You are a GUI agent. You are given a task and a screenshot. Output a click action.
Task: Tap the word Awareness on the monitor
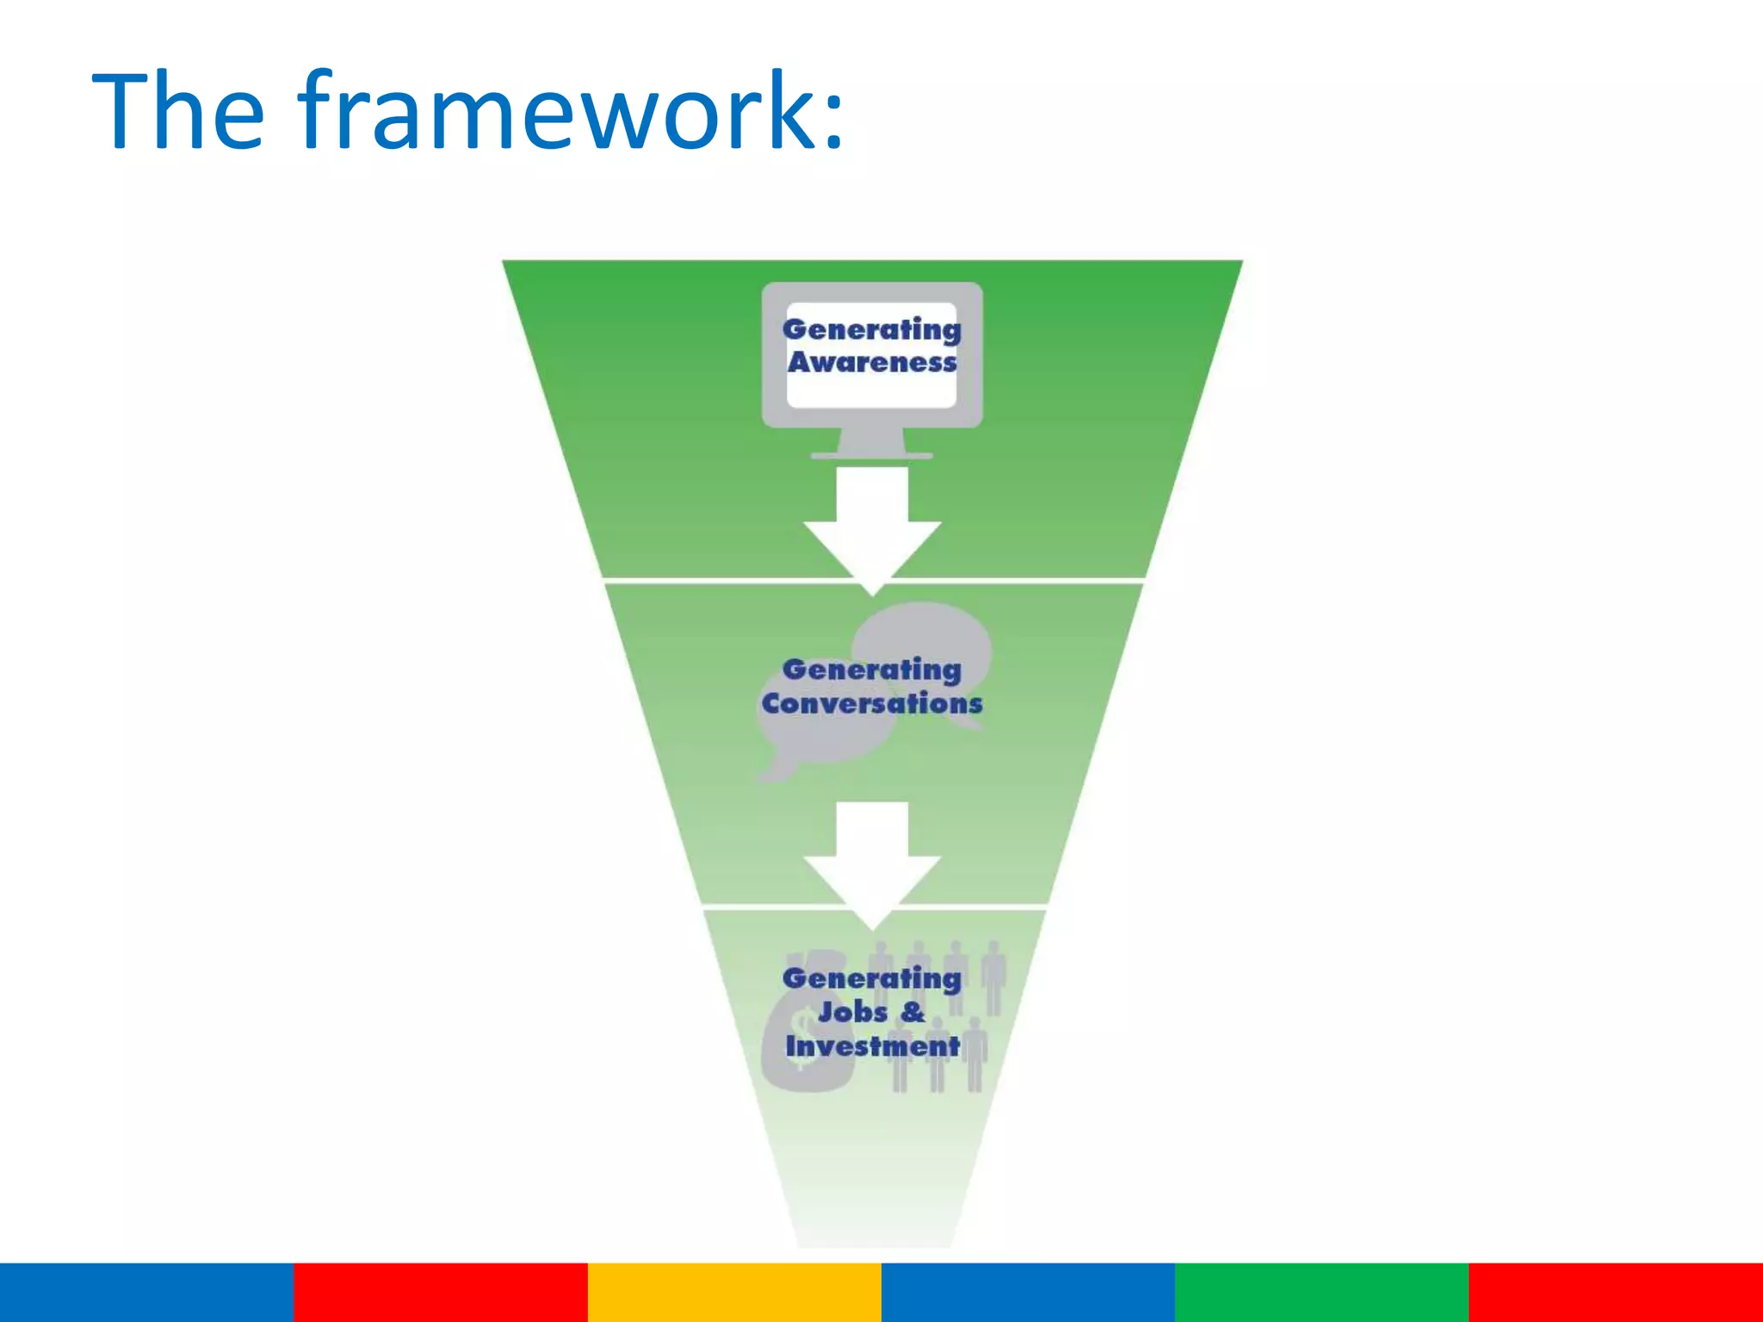(872, 362)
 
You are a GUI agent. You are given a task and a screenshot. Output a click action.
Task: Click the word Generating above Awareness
(872, 330)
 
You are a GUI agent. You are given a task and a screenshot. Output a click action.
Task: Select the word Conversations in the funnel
(872, 703)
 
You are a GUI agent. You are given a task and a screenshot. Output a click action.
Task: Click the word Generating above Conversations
(872, 670)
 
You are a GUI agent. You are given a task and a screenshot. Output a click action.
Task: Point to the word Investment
(872, 1046)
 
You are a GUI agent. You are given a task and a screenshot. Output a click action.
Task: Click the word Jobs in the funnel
(852, 1011)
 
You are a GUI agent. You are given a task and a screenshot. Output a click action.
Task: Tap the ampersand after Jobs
(912, 1011)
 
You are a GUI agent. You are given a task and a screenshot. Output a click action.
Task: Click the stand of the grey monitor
(872, 442)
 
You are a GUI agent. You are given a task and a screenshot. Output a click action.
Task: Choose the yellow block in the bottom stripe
(734, 1292)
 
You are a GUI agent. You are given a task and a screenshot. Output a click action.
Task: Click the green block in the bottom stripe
(1321, 1292)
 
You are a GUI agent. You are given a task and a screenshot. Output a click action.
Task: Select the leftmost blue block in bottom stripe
(146, 1292)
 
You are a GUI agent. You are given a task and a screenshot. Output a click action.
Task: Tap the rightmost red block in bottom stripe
(1616, 1292)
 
